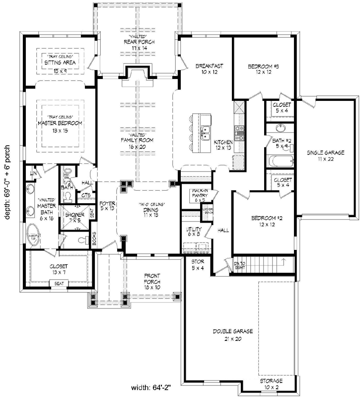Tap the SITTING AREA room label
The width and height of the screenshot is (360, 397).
click(61, 64)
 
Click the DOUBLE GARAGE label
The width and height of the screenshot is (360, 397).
click(233, 331)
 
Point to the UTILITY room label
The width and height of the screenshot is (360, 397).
click(193, 230)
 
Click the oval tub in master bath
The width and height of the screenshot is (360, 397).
click(34, 238)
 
